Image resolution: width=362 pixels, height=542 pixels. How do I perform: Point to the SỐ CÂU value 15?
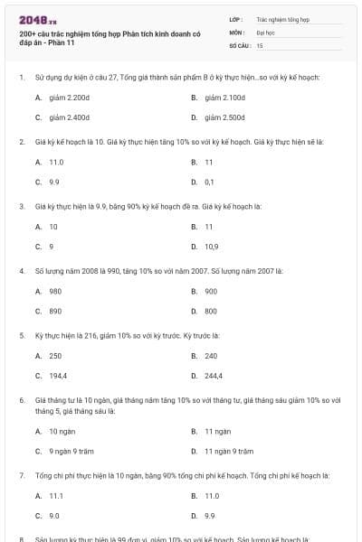260,44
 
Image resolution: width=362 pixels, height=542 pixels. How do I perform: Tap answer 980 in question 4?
55,291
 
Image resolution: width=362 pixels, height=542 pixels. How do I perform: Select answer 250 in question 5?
55,356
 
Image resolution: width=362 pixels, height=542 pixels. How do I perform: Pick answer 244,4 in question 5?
214,376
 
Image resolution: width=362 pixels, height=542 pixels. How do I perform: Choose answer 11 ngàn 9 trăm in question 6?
229,450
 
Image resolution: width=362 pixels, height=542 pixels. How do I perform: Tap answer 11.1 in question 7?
56,495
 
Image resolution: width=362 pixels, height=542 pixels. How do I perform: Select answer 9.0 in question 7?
54,516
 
